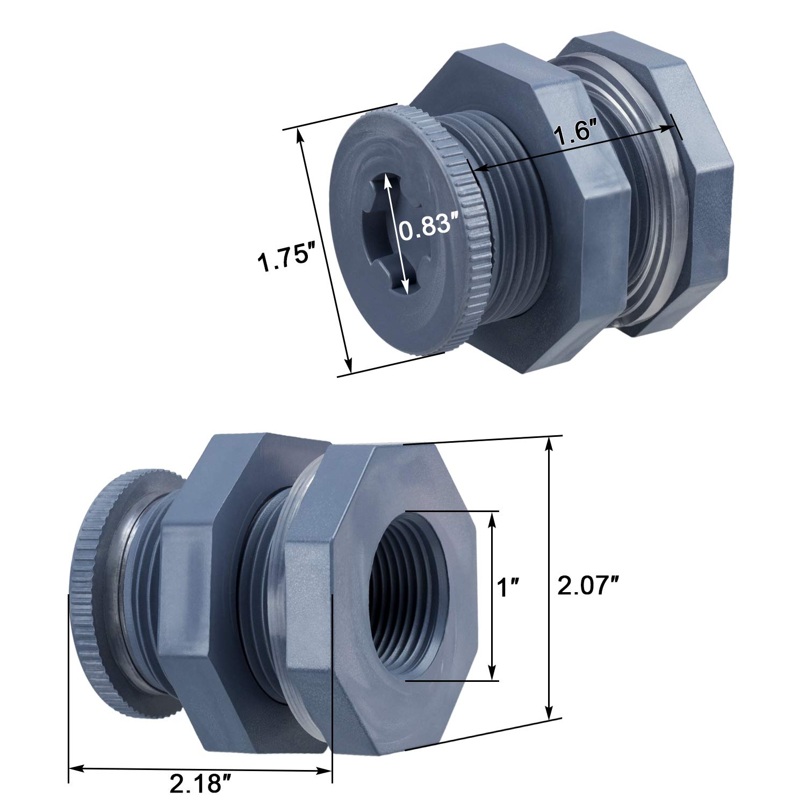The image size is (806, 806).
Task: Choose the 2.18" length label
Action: coord(196,786)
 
